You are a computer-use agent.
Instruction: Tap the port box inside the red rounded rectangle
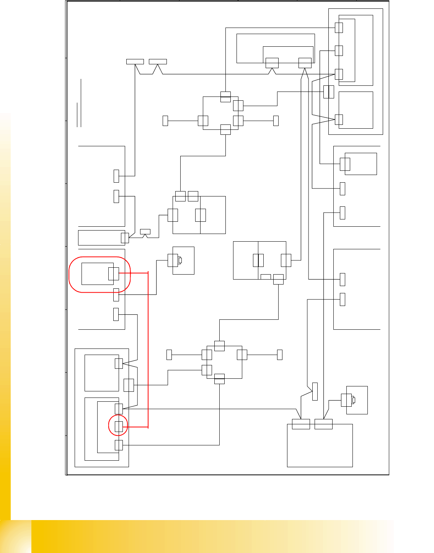tap(113, 274)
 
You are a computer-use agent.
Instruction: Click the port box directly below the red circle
tap(119, 445)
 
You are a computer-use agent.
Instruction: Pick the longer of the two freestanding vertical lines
tap(81, 103)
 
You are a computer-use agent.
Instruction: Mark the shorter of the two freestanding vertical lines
tap(77, 115)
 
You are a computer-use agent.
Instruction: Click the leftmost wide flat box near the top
tap(135, 62)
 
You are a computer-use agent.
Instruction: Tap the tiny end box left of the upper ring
tap(165, 121)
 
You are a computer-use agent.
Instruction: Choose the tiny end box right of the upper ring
tap(276, 121)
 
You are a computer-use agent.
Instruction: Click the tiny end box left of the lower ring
tap(169, 355)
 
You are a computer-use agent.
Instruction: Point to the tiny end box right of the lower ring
tap(279, 355)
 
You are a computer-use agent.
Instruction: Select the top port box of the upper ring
tap(225, 97)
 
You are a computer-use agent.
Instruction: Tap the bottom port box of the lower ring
tap(219, 379)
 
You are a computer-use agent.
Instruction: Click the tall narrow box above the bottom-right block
tap(315, 391)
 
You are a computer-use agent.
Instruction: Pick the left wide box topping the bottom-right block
tap(301, 424)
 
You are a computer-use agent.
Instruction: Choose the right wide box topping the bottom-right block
tap(323, 424)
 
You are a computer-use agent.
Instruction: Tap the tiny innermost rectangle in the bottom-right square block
tap(354, 400)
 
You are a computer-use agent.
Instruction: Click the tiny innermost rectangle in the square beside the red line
tap(180, 260)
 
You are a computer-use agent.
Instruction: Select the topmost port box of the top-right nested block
tap(339, 28)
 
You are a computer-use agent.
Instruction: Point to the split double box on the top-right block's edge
tap(329, 92)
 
